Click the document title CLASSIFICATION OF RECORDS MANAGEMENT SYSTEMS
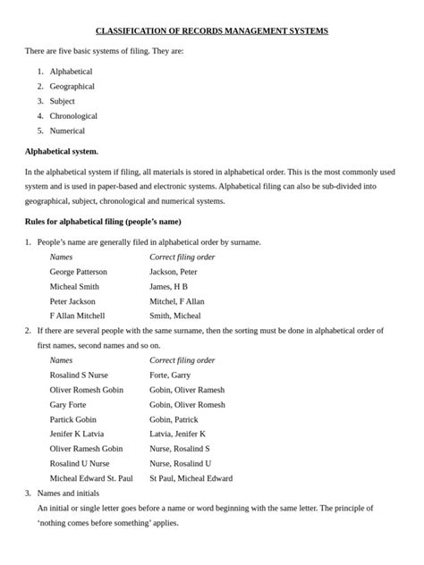pos(212,31)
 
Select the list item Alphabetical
pos(71,71)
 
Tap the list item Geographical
pos(72,86)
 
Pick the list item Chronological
pos(73,115)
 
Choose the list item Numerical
pos(67,131)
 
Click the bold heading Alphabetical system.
pos(62,151)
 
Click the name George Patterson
pos(78,271)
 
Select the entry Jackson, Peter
pos(174,271)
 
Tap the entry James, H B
pos(168,286)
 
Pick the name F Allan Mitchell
pos(77,316)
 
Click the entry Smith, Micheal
pos(174,316)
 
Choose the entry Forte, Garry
pos(170,375)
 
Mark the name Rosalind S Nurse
pos(79,375)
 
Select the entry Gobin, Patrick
pos(174,419)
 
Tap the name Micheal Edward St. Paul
pos(91,478)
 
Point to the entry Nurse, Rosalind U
pos(180,463)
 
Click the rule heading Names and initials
pos(72,493)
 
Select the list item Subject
pos(63,101)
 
